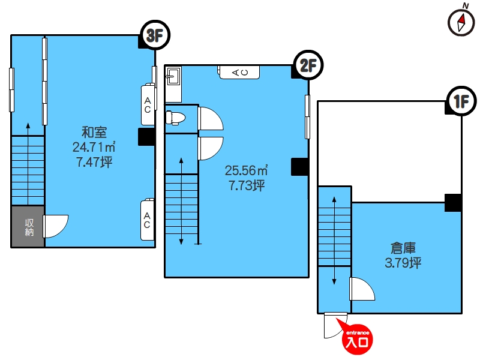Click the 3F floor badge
pyautogui.click(x=155, y=35)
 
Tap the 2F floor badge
pyautogui.click(x=308, y=65)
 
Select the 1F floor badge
pyautogui.click(x=461, y=101)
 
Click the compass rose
pyautogui.click(x=461, y=22)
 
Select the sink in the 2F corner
pyautogui.click(x=173, y=76)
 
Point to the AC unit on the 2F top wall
pyautogui.click(x=239, y=72)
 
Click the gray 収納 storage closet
pyautogui.click(x=28, y=227)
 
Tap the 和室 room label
pyautogui.click(x=94, y=132)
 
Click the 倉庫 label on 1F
pyautogui.click(x=403, y=248)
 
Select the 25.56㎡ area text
pyautogui.click(x=247, y=170)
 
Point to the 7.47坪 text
pyautogui.click(x=94, y=161)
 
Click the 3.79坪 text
pyautogui.click(x=403, y=263)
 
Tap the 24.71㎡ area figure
pyautogui.click(x=94, y=147)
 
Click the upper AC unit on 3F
pyautogui.click(x=148, y=104)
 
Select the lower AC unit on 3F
pyautogui.click(x=147, y=220)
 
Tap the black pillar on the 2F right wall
pyautogui.click(x=299, y=167)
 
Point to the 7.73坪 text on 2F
pyautogui.click(x=247, y=185)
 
